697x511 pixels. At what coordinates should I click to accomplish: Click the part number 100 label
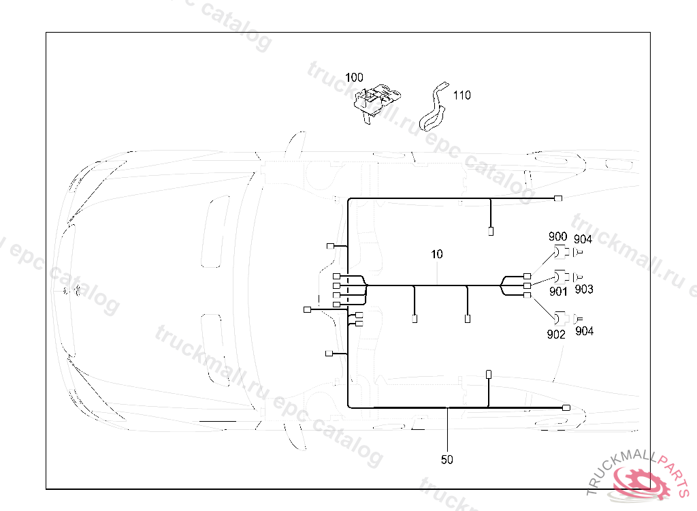click(354, 78)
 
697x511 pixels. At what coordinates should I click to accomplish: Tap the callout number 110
click(461, 95)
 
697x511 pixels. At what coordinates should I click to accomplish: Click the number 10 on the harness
click(436, 254)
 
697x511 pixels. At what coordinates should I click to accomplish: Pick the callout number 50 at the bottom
click(447, 460)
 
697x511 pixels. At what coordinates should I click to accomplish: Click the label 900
click(557, 236)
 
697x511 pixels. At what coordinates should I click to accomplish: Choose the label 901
click(558, 292)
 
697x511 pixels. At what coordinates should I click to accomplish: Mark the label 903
click(583, 290)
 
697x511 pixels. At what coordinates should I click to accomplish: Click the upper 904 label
click(583, 238)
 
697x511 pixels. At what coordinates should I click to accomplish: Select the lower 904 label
click(584, 331)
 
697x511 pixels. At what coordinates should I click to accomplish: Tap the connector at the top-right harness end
click(558, 198)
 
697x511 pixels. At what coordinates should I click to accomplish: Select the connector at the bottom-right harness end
click(566, 407)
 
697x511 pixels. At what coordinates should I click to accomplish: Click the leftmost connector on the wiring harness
click(306, 310)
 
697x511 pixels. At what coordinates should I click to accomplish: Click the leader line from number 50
click(447, 429)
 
